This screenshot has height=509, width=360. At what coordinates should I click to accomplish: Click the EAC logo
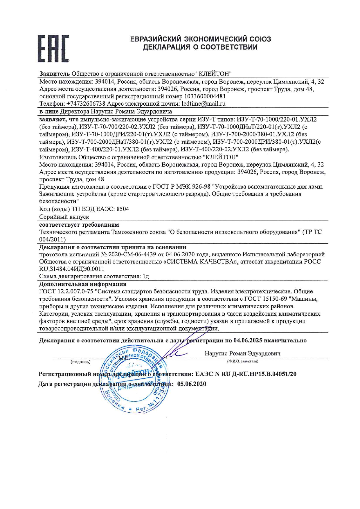(x=53, y=49)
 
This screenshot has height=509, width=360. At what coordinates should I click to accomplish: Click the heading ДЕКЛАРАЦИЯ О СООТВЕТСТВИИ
(x=200, y=47)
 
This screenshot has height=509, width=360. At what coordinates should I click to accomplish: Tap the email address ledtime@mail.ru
(x=204, y=104)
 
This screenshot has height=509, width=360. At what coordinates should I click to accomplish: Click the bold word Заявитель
(x=54, y=73)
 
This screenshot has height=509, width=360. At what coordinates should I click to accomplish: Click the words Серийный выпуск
(x=64, y=217)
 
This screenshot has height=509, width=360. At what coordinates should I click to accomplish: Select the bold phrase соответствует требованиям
(x=79, y=225)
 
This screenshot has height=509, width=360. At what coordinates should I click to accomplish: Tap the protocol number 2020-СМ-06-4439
(x=133, y=254)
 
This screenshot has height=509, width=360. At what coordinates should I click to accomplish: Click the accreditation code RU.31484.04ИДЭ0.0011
(x=72, y=269)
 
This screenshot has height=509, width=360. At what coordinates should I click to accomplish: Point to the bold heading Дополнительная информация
(x=83, y=284)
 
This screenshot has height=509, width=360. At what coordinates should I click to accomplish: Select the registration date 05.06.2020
(x=192, y=384)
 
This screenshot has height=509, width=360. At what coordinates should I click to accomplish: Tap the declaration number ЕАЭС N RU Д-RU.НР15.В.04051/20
(x=246, y=374)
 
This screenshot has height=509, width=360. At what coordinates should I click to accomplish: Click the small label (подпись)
(x=80, y=362)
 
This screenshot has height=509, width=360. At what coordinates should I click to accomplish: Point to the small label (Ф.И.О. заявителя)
(x=243, y=361)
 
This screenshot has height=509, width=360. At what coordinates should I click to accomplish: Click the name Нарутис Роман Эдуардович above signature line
(x=242, y=353)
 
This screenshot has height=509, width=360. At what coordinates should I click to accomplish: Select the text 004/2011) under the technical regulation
(x=53, y=239)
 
